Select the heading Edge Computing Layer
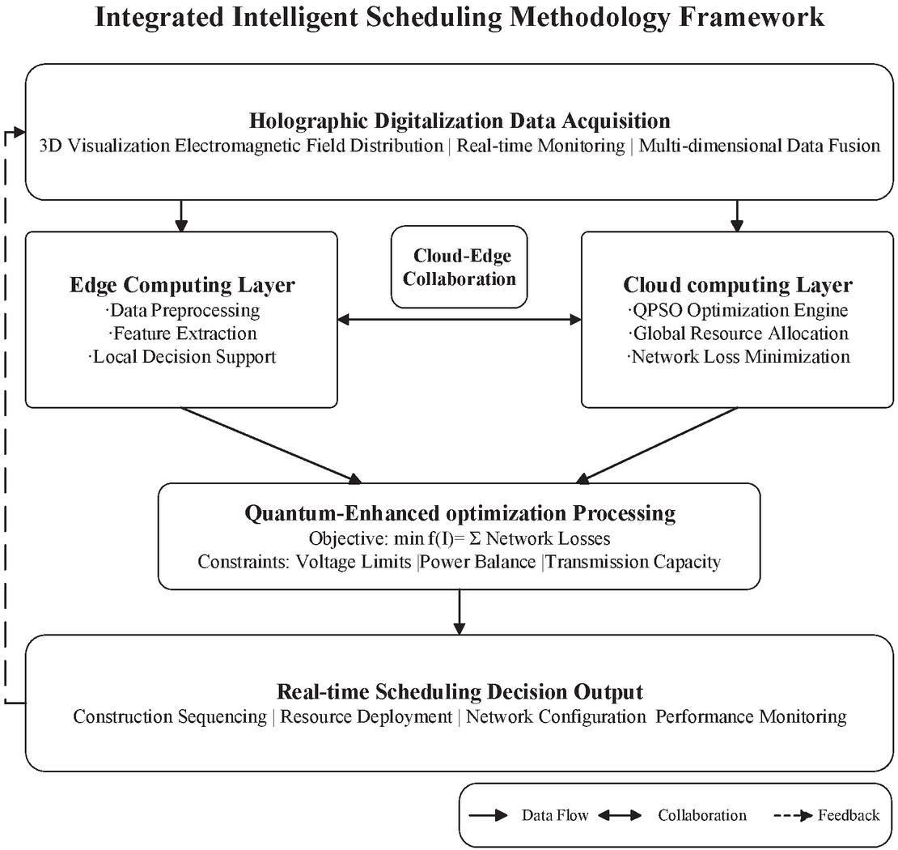pos(182,285)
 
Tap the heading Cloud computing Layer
pos(738,285)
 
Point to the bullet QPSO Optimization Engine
pos(738,310)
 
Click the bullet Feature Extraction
pos(183,334)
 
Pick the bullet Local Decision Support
pos(183,356)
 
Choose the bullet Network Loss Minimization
pos(738,356)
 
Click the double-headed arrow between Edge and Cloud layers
pos(460,319)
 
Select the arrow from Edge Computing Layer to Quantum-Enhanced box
pos(272,445)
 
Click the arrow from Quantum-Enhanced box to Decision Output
pos(460,612)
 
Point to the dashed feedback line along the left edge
pos(6,417)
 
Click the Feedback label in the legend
pos(848,815)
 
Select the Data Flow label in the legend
pos(555,815)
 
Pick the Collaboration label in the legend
pos(702,815)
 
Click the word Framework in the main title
pos(752,17)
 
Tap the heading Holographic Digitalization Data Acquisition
pos(460,121)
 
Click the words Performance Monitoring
pos(751,716)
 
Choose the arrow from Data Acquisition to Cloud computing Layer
pos(738,216)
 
